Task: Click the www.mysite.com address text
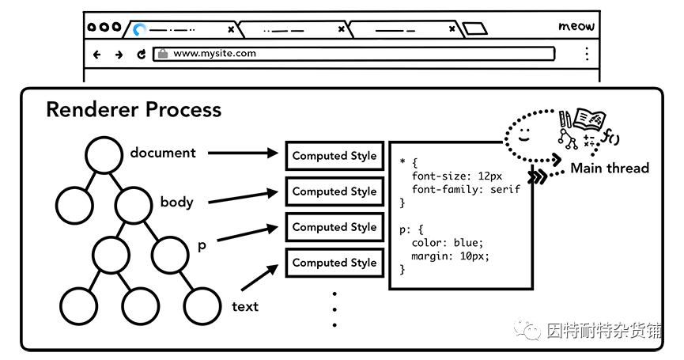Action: coord(214,54)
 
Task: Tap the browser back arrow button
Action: coord(97,55)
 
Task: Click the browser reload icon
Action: coord(142,55)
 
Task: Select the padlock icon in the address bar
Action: coord(163,54)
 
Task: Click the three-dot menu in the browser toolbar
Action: coord(586,54)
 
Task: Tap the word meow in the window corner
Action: coord(576,26)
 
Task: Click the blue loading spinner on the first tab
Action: coord(140,30)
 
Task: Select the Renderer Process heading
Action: coord(133,109)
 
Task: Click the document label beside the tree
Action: coord(163,153)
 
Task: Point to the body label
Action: coord(176,202)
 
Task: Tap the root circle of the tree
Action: coord(104,155)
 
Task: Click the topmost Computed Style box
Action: coord(334,156)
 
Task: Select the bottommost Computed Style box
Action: coord(334,263)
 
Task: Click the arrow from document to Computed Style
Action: coord(244,154)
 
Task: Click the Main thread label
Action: coord(609,168)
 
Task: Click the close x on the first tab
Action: coord(231,29)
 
